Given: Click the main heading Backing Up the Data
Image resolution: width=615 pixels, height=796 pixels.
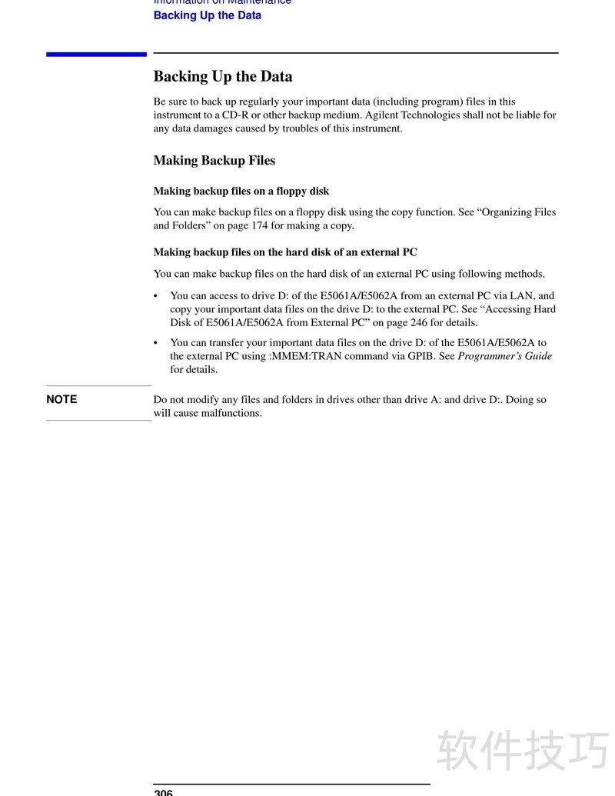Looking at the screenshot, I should tap(223, 76).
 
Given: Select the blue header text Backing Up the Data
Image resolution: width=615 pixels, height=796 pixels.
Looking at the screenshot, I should tap(208, 15).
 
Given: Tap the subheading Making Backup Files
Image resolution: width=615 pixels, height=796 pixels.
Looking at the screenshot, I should tap(214, 160).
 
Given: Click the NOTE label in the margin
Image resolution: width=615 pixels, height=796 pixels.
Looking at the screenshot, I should tap(61, 399).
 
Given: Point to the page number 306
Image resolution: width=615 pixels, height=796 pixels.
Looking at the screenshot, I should tap(163, 792).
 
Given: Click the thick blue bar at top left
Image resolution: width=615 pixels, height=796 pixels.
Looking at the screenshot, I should tap(96, 54).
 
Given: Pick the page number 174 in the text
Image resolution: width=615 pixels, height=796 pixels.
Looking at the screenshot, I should tap(259, 226).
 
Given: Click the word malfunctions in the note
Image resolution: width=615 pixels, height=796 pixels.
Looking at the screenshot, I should tap(231, 413).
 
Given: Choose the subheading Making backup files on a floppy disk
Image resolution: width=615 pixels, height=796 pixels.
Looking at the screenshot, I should tap(241, 191).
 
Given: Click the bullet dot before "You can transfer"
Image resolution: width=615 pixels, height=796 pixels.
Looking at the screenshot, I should tap(156, 343).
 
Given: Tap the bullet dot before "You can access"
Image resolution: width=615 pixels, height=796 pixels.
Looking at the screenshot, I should tap(156, 296).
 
